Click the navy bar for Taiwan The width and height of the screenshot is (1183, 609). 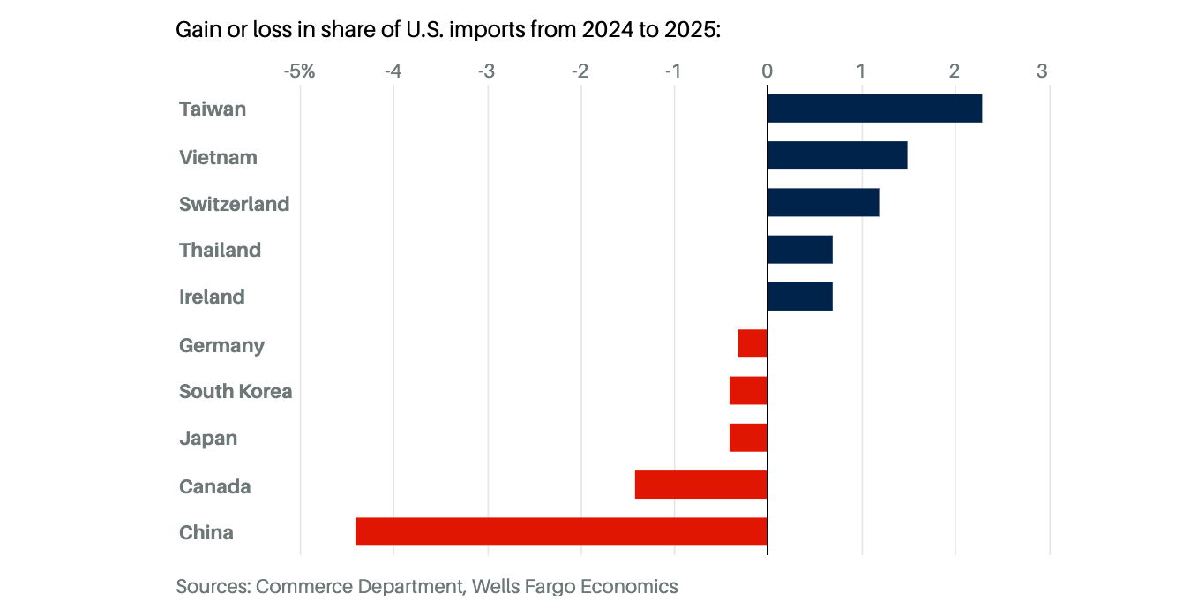point(874,109)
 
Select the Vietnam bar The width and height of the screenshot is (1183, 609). point(837,155)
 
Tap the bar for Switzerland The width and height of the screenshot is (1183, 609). point(823,202)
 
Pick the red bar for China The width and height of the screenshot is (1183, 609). point(561,531)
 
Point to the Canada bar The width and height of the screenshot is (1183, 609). point(701,485)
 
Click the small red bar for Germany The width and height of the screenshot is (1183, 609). point(752,343)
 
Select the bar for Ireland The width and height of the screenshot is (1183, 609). point(800,297)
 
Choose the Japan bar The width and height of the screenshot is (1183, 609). point(748,438)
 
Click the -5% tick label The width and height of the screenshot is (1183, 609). point(299,71)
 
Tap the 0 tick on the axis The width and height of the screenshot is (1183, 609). point(767,71)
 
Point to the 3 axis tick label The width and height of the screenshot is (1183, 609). point(1042,71)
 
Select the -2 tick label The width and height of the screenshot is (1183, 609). point(579,71)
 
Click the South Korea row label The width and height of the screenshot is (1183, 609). point(236,391)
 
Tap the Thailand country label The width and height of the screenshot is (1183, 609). point(220,250)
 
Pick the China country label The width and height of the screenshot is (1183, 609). point(206,532)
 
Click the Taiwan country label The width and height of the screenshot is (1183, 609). point(213,109)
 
